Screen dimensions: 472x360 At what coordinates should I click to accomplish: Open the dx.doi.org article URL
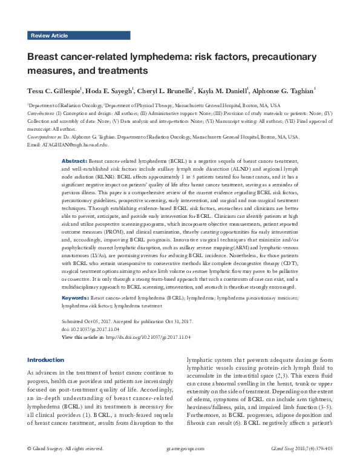point(148,336)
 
